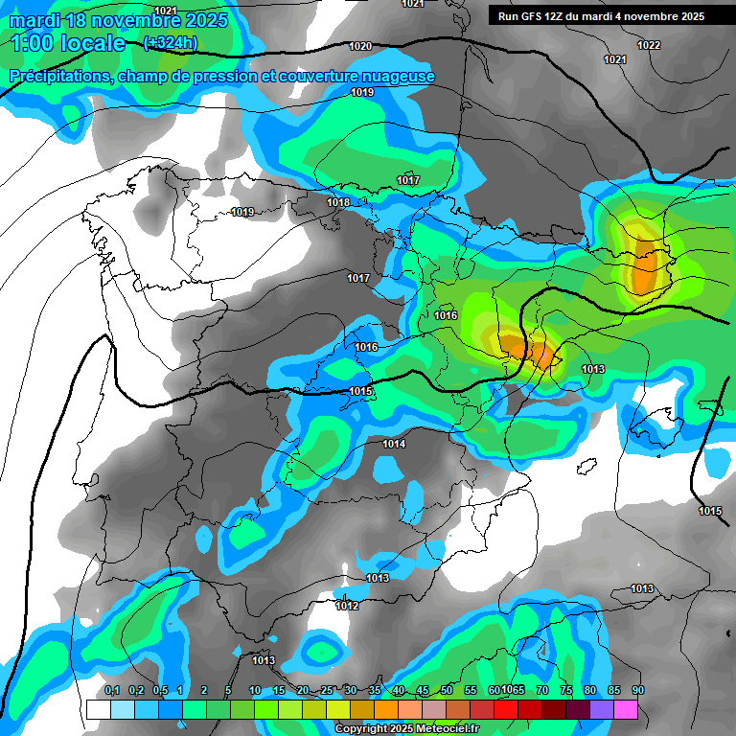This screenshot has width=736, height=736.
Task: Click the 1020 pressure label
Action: (360, 46)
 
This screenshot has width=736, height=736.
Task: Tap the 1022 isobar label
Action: (649, 45)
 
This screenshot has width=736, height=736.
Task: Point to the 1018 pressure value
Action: (337, 202)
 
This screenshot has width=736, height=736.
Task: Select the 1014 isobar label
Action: (394, 444)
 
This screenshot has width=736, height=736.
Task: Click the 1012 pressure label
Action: (347, 606)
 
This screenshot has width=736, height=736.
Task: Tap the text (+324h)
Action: (170, 42)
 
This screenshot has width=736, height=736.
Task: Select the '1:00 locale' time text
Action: (69, 43)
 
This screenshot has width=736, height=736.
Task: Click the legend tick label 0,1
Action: (111, 691)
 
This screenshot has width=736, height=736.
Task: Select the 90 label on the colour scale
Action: (638, 691)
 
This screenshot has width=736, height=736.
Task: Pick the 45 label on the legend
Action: (423, 691)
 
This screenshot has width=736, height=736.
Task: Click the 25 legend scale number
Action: (327, 691)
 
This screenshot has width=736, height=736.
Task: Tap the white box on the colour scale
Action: (98, 709)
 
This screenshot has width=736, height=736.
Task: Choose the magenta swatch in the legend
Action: (625, 709)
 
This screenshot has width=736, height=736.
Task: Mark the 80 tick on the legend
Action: (590, 691)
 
